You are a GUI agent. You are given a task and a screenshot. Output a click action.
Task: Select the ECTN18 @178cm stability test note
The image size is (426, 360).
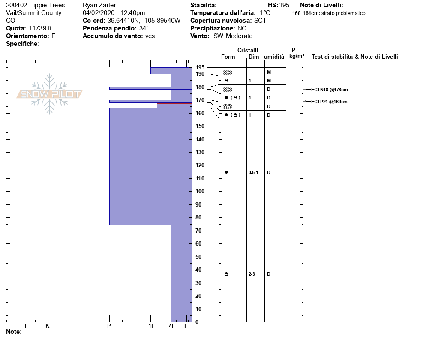pyautogui.click(x=329, y=90)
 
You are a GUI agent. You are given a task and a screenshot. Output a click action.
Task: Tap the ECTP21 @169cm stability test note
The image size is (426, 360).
pyautogui.click(x=329, y=102)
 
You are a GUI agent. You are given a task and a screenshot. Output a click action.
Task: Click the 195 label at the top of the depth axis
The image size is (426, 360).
pyautogui.click(x=200, y=67)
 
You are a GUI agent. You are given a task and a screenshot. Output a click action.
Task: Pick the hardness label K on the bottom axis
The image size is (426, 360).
pyautogui.click(x=48, y=326)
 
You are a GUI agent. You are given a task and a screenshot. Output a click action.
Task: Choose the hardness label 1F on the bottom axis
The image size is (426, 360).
pyautogui.click(x=151, y=326)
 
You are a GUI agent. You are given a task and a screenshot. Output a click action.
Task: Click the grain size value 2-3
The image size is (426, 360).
pyautogui.click(x=252, y=274)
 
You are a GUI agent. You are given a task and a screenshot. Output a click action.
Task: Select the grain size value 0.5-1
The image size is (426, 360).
pyautogui.click(x=253, y=172)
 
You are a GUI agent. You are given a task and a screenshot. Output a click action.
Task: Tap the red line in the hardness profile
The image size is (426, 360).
pyautogui.click(x=174, y=103)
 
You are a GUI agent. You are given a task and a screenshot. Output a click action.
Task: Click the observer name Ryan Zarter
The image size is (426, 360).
pyautogui.click(x=99, y=5)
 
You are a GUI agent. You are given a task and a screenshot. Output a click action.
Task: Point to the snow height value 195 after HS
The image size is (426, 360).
pyautogui.click(x=284, y=5)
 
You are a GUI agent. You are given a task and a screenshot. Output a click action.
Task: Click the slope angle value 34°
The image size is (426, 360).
pyautogui.click(x=144, y=28)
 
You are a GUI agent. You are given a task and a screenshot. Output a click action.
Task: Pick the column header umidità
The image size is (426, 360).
pyautogui.click(x=274, y=57)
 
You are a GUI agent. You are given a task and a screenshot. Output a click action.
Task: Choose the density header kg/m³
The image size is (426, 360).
pyautogui.click(x=297, y=56)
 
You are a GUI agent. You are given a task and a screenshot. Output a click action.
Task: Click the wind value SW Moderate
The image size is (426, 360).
pyautogui.click(x=233, y=36)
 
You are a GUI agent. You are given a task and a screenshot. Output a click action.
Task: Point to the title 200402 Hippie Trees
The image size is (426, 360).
pyautogui.click(x=36, y=5)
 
